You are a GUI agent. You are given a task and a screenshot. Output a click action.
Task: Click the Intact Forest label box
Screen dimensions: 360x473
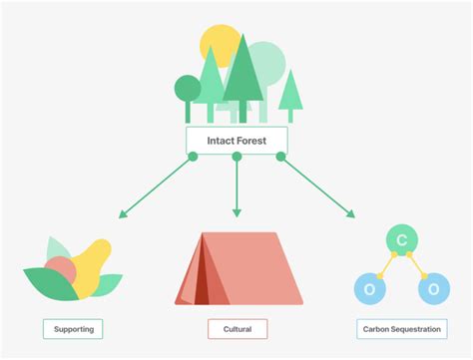236,141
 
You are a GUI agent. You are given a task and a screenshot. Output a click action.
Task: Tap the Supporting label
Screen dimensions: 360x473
73,328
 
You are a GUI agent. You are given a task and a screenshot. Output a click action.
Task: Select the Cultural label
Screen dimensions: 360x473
237,328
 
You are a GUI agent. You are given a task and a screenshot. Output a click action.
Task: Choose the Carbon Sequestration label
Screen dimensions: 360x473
401,328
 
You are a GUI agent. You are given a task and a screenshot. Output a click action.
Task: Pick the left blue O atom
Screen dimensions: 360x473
370,289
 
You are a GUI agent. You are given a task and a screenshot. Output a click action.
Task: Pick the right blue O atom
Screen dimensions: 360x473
433,289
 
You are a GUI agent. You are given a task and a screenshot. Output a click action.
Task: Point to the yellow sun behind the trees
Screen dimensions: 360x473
220,45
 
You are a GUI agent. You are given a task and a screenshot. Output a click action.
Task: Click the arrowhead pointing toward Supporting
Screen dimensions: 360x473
122,213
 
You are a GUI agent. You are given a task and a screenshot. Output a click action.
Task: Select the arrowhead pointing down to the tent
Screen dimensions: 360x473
236,212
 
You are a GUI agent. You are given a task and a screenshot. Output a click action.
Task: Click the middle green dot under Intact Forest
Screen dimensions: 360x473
236,157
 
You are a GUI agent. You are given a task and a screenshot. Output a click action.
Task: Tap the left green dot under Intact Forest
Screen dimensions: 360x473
193,157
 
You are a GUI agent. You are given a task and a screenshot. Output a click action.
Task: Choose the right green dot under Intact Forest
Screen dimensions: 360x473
280,157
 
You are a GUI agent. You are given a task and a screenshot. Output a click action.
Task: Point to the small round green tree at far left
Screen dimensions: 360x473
188,89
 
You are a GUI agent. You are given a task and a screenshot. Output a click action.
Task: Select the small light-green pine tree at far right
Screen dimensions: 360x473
290,92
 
